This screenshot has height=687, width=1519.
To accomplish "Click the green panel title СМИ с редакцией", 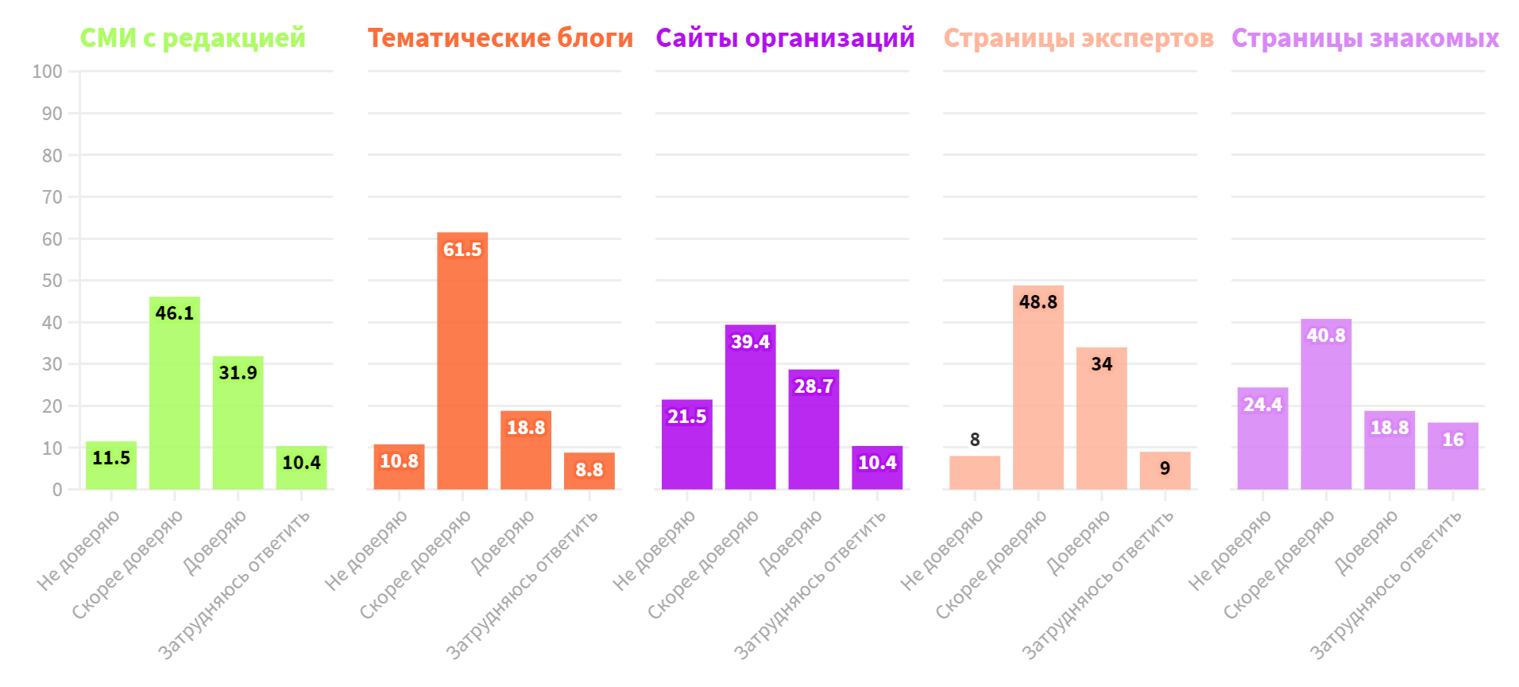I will click(192, 38).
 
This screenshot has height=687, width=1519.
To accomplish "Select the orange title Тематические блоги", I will click(500, 38).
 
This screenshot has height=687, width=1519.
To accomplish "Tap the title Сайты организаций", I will click(785, 38).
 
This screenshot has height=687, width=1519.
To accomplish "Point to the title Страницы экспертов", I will click(1078, 38).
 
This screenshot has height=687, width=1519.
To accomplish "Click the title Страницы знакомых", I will click(1365, 38).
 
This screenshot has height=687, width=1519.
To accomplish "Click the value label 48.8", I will click(1038, 302).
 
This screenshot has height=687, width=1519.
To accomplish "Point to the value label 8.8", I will click(589, 470).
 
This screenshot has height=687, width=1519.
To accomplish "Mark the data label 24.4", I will click(1262, 405).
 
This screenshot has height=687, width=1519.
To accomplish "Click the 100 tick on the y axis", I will click(48, 72).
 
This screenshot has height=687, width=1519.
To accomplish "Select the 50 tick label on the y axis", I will click(52, 281).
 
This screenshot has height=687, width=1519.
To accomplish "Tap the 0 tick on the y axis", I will click(57, 490).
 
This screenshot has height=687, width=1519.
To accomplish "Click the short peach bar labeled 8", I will click(975, 473).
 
